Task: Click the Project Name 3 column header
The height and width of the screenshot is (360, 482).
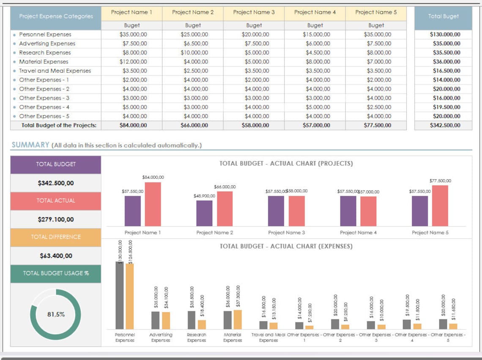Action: (254, 12)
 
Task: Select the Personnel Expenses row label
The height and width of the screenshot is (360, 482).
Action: (45, 35)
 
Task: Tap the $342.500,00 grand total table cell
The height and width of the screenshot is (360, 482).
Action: (444, 125)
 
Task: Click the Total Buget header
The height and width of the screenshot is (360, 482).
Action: (443, 16)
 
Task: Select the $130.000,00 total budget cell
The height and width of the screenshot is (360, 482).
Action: (445, 35)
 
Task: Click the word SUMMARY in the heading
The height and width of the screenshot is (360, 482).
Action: (30, 145)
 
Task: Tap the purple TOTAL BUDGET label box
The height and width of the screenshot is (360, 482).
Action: (56, 165)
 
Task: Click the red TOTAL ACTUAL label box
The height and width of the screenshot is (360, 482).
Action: (56, 201)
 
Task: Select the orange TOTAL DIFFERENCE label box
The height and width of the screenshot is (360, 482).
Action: (56, 237)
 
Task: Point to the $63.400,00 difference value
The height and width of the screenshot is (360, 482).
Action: (56, 256)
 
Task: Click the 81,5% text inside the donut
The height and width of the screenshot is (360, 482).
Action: (56, 314)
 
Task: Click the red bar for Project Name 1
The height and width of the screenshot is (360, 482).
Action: (153, 204)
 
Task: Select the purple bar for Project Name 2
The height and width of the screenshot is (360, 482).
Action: (205, 213)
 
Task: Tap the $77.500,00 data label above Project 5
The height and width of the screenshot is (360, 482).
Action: (440, 181)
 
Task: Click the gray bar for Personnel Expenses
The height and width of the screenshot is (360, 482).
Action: (120, 295)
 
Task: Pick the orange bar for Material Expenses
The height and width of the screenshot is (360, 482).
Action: (238, 319)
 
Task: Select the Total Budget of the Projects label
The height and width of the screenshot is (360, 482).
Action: (59, 125)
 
